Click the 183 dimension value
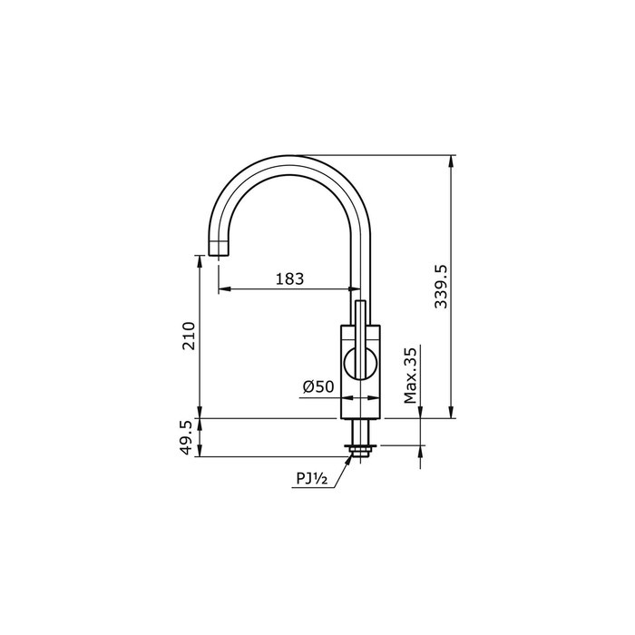coord(288,278)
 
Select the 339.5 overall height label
coord(441,287)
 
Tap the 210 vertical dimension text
coord(189,336)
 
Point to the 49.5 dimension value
coord(189,437)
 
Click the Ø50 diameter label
coord(318,386)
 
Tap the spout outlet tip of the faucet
coord(219,249)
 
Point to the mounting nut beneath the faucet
coord(361,447)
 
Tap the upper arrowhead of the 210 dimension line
coord(200,259)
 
